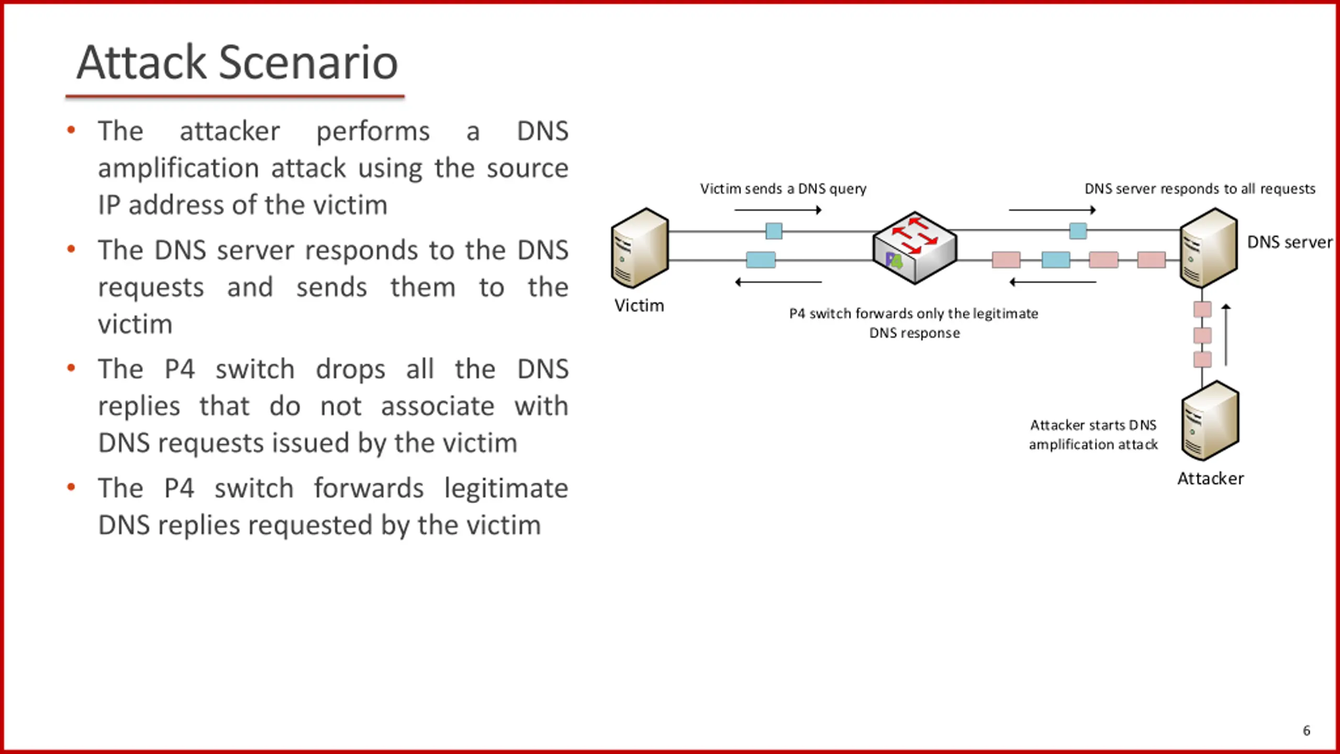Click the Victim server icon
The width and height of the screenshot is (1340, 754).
click(x=640, y=248)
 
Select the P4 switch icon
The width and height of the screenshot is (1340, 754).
click(x=914, y=248)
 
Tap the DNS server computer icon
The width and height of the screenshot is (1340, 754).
click(x=1209, y=248)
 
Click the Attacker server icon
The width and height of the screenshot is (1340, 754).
click(x=1210, y=420)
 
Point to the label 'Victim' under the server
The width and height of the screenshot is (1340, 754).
click(x=639, y=305)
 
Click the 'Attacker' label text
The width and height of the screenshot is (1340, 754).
click(x=1211, y=479)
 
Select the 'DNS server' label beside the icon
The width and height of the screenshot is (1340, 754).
click(x=1290, y=242)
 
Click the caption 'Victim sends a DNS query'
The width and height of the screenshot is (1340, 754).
click(x=784, y=189)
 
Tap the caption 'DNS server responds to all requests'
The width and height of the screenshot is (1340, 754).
click(x=1200, y=189)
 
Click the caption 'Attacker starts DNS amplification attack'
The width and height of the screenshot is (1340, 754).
click(x=1093, y=435)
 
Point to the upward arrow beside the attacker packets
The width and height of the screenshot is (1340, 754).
click(x=1226, y=335)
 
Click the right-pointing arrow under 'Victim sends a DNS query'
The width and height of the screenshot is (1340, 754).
click(x=778, y=210)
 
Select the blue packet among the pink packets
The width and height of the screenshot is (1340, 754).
click(x=1056, y=260)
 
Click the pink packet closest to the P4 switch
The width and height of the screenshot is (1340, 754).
click(x=1006, y=260)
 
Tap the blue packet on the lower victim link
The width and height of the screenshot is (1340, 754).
click(x=761, y=260)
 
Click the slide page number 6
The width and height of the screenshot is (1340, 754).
click(x=1306, y=730)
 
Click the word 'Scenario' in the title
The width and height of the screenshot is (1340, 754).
click(x=308, y=62)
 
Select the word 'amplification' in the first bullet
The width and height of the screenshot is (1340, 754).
click(x=178, y=169)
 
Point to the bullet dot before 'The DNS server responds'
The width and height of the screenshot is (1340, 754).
click(x=71, y=249)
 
